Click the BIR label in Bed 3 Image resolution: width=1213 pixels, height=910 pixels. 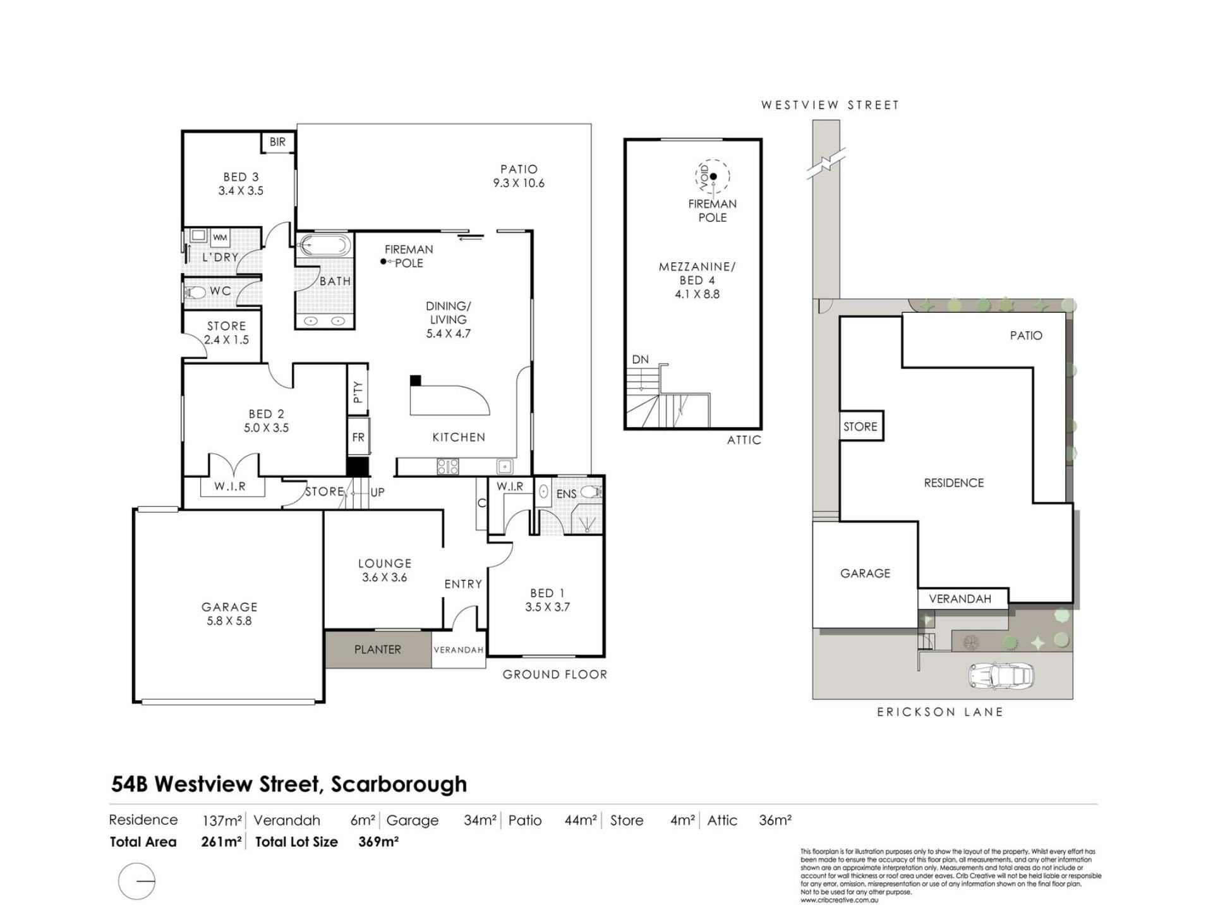[x=277, y=142]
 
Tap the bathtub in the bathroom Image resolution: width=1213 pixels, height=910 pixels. [x=323, y=245]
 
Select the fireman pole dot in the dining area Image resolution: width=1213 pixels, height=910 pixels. [x=383, y=262]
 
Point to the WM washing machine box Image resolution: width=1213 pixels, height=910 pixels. [x=220, y=238]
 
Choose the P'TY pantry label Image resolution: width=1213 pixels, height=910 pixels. [x=358, y=392]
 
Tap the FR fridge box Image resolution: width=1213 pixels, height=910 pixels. [x=358, y=437]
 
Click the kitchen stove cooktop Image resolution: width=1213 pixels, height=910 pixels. [x=448, y=467]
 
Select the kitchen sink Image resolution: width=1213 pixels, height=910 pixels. [x=505, y=467]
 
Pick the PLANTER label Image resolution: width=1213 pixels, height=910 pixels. [x=378, y=650]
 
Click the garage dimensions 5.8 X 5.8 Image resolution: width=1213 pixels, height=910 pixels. [x=229, y=621]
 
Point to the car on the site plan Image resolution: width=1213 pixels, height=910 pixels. [x=1001, y=676]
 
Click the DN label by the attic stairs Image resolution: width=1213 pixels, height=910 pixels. [x=641, y=360]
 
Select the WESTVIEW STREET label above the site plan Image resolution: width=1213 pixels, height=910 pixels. [x=830, y=105]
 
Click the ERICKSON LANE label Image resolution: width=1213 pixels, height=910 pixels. [x=940, y=712]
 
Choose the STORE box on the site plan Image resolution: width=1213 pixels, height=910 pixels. [x=860, y=427]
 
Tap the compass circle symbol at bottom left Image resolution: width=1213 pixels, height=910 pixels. [x=136, y=881]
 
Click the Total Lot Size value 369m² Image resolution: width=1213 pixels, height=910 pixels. [x=378, y=842]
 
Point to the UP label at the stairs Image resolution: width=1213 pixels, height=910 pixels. [x=377, y=492]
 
